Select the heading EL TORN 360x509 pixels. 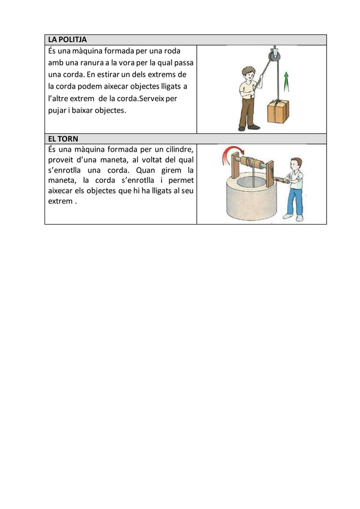pos(63,139)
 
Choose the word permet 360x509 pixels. pos(181,181)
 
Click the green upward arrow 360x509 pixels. pos(286,82)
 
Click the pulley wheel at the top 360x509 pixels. pos(274,55)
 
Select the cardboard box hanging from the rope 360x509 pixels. pos(278,111)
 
